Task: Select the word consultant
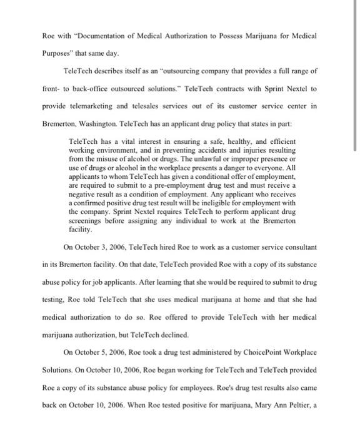[x=298, y=247]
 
